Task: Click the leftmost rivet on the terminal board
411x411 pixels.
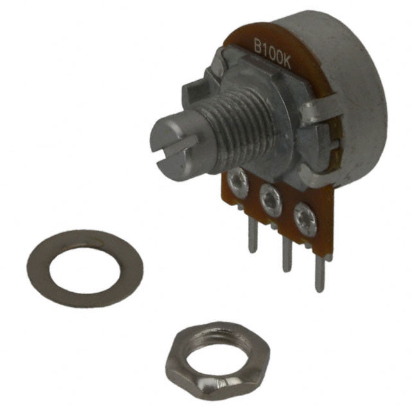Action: tap(239, 182)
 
